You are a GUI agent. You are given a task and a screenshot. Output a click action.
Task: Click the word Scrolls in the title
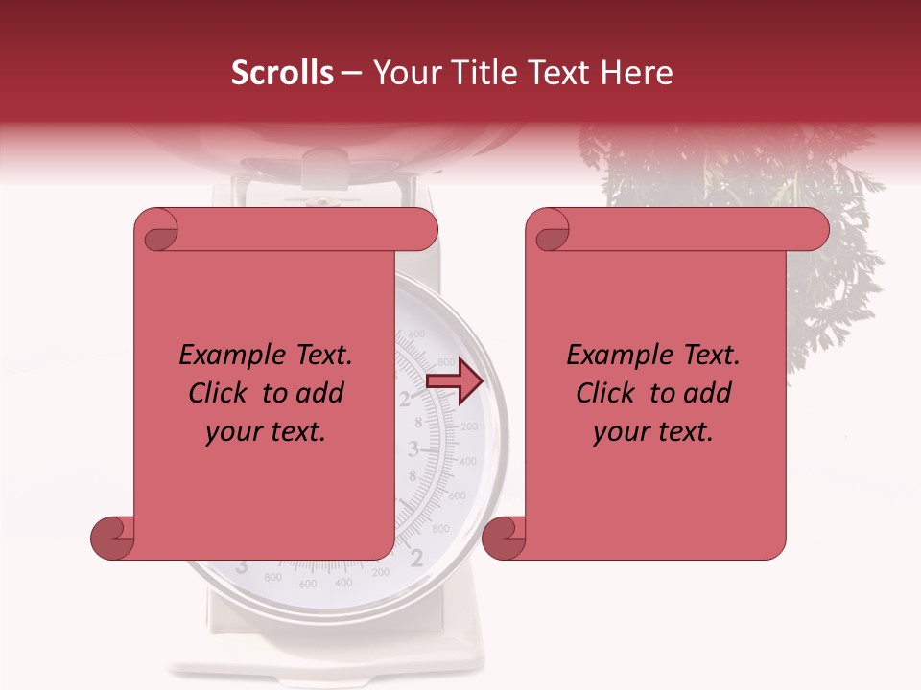[x=282, y=73]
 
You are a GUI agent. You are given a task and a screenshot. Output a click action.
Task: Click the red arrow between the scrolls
[x=455, y=380]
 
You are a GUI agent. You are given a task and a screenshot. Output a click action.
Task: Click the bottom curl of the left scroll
[x=111, y=539]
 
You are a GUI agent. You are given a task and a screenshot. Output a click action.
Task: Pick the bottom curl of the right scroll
[x=504, y=539]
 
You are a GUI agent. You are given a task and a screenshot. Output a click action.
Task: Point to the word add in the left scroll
[x=321, y=394]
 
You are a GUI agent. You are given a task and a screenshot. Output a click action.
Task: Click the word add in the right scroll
[x=709, y=394]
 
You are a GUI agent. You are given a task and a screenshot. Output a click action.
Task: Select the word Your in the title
[x=405, y=73]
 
